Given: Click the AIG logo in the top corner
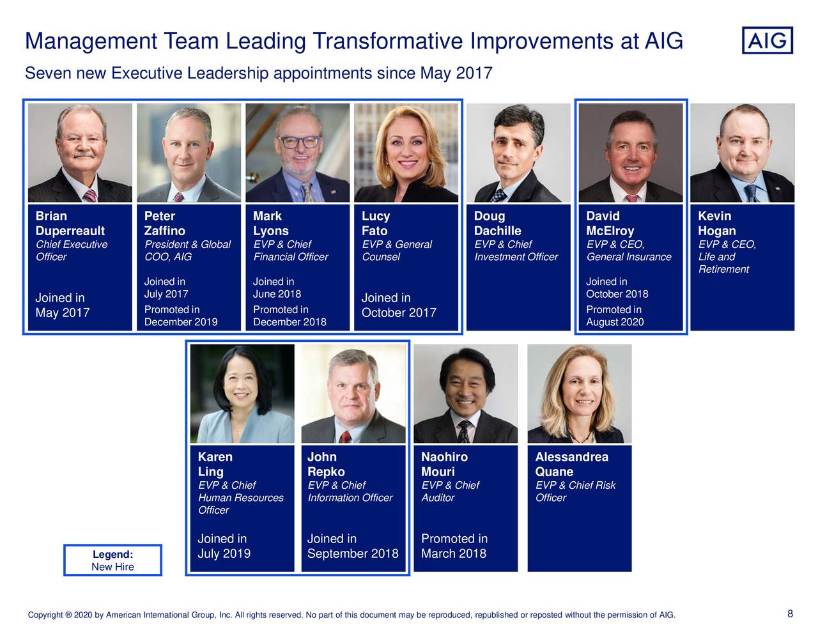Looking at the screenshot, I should (x=767, y=40).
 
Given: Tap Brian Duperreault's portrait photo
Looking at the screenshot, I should (x=80, y=153).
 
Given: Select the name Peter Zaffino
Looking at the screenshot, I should (x=164, y=223).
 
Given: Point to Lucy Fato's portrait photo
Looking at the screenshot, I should (x=406, y=153).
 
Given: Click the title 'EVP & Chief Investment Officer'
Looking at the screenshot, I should (x=516, y=250).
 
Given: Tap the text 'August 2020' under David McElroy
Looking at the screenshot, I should (x=614, y=322).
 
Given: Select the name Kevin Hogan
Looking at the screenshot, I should (x=716, y=223).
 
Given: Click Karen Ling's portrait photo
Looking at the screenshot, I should (x=242, y=394).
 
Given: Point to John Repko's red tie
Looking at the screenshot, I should (x=345, y=437).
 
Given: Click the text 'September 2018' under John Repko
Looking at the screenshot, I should (x=352, y=553).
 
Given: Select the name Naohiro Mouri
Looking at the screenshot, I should (x=444, y=465).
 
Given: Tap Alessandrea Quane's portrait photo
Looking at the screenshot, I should (x=579, y=394).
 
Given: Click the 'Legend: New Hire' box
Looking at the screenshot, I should (x=112, y=560).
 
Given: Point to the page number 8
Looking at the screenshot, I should (x=790, y=614).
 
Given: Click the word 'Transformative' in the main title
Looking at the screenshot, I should (x=388, y=42).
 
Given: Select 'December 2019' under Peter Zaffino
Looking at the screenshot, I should (x=180, y=322).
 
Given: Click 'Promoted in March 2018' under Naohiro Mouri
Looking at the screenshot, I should (x=454, y=546).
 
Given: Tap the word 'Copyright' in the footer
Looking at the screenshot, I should (x=45, y=615).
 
